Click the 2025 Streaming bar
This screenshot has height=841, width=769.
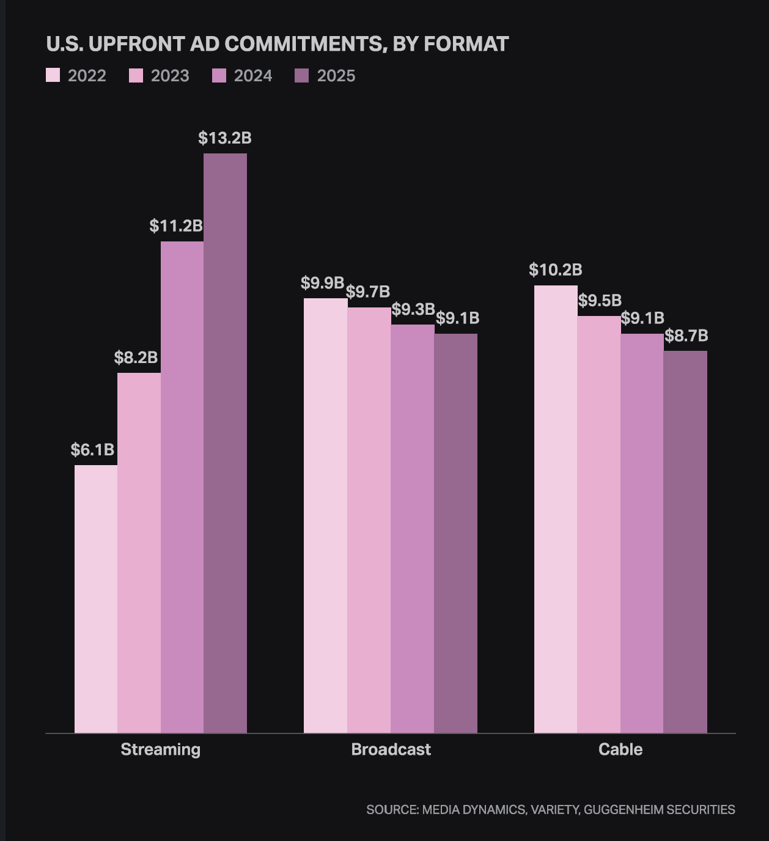[x=225, y=443]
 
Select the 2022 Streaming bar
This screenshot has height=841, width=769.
[x=96, y=599]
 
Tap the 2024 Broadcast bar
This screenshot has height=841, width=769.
[x=412, y=529]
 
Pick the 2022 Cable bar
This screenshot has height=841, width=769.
[x=556, y=509]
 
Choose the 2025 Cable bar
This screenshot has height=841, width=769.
[x=685, y=542]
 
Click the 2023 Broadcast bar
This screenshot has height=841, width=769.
[x=369, y=520]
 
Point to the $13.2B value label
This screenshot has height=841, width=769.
[x=225, y=138]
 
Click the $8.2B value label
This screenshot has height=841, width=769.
[x=136, y=358]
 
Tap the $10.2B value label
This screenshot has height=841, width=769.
[x=555, y=270]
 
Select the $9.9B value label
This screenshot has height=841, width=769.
[x=322, y=283]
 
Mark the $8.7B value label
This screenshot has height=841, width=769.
[x=686, y=336]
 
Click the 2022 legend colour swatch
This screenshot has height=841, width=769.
[x=53, y=76]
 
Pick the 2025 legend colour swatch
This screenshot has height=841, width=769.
[x=302, y=76]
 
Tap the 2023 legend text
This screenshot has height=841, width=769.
[x=170, y=76]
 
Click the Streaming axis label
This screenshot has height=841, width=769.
[x=160, y=749]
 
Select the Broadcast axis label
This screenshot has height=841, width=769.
[x=391, y=749]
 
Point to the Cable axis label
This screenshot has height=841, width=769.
[x=620, y=749]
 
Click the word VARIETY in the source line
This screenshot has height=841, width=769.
[x=554, y=810]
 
